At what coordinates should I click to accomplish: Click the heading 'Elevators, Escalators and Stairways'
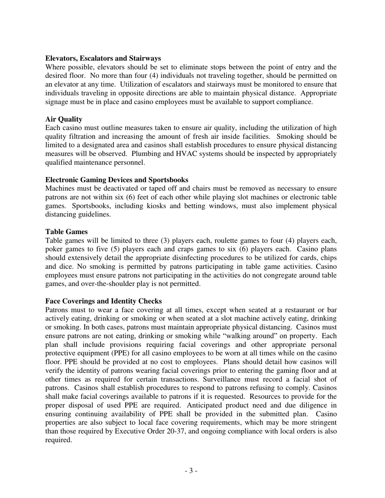point(103,58)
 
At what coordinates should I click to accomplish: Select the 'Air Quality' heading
point(64,119)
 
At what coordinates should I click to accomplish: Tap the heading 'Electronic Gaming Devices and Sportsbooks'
point(117,180)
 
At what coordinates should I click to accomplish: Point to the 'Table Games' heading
point(66,232)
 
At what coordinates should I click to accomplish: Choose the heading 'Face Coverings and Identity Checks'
point(103,301)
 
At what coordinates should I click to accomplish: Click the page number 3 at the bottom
point(191,471)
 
